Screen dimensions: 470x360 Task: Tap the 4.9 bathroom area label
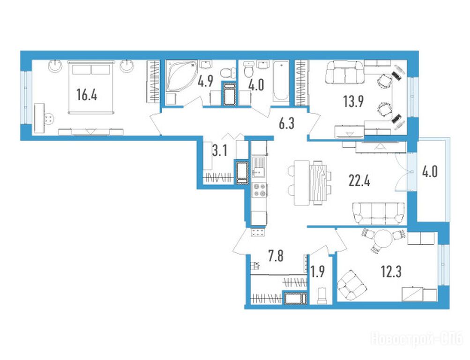click(x=206, y=81)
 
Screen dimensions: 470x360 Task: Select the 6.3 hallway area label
click(x=287, y=123)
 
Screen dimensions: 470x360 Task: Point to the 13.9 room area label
click(x=354, y=102)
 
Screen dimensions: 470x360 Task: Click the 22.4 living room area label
click(x=359, y=181)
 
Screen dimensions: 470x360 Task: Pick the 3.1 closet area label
click(x=220, y=151)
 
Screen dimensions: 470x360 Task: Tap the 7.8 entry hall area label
click(x=276, y=256)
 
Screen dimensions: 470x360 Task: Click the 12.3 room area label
click(x=391, y=272)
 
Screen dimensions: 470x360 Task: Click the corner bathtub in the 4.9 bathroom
click(x=181, y=75)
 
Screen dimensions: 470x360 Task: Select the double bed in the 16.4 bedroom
click(x=91, y=87)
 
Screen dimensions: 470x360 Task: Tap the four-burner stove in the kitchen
click(x=260, y=190)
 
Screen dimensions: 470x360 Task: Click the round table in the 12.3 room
click(x=382, y=238)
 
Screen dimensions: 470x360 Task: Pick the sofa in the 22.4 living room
click(x=378, y=213)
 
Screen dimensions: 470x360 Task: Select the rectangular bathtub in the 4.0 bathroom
click(x=281, y=80)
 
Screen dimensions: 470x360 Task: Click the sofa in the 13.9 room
click(x=344, y=72)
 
